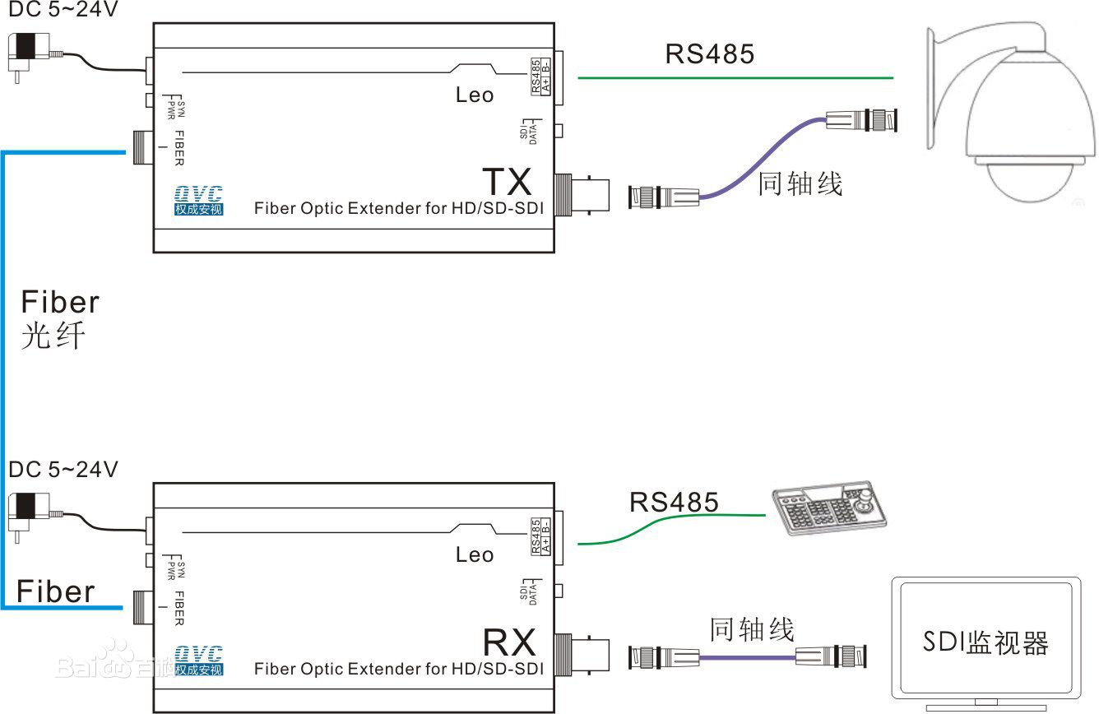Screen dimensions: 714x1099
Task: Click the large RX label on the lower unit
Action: [508, 641]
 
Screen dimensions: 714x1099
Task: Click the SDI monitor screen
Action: [985, 642]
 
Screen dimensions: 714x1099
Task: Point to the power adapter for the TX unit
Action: [30, 54]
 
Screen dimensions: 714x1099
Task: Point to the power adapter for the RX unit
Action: [30, 514]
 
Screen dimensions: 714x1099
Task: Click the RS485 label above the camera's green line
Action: [709, 54]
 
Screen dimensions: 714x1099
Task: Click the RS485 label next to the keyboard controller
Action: [674, 502]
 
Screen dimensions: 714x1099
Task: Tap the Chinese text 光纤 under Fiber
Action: [53, 336]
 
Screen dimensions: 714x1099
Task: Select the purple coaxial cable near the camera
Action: [761, 156]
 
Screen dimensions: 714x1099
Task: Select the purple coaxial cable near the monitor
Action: [747, 657]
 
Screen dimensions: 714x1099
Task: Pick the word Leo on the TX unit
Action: [475, 95]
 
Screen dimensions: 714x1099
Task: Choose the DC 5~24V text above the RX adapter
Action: [63, 470]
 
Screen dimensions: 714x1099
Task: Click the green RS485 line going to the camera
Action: [735, 78]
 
